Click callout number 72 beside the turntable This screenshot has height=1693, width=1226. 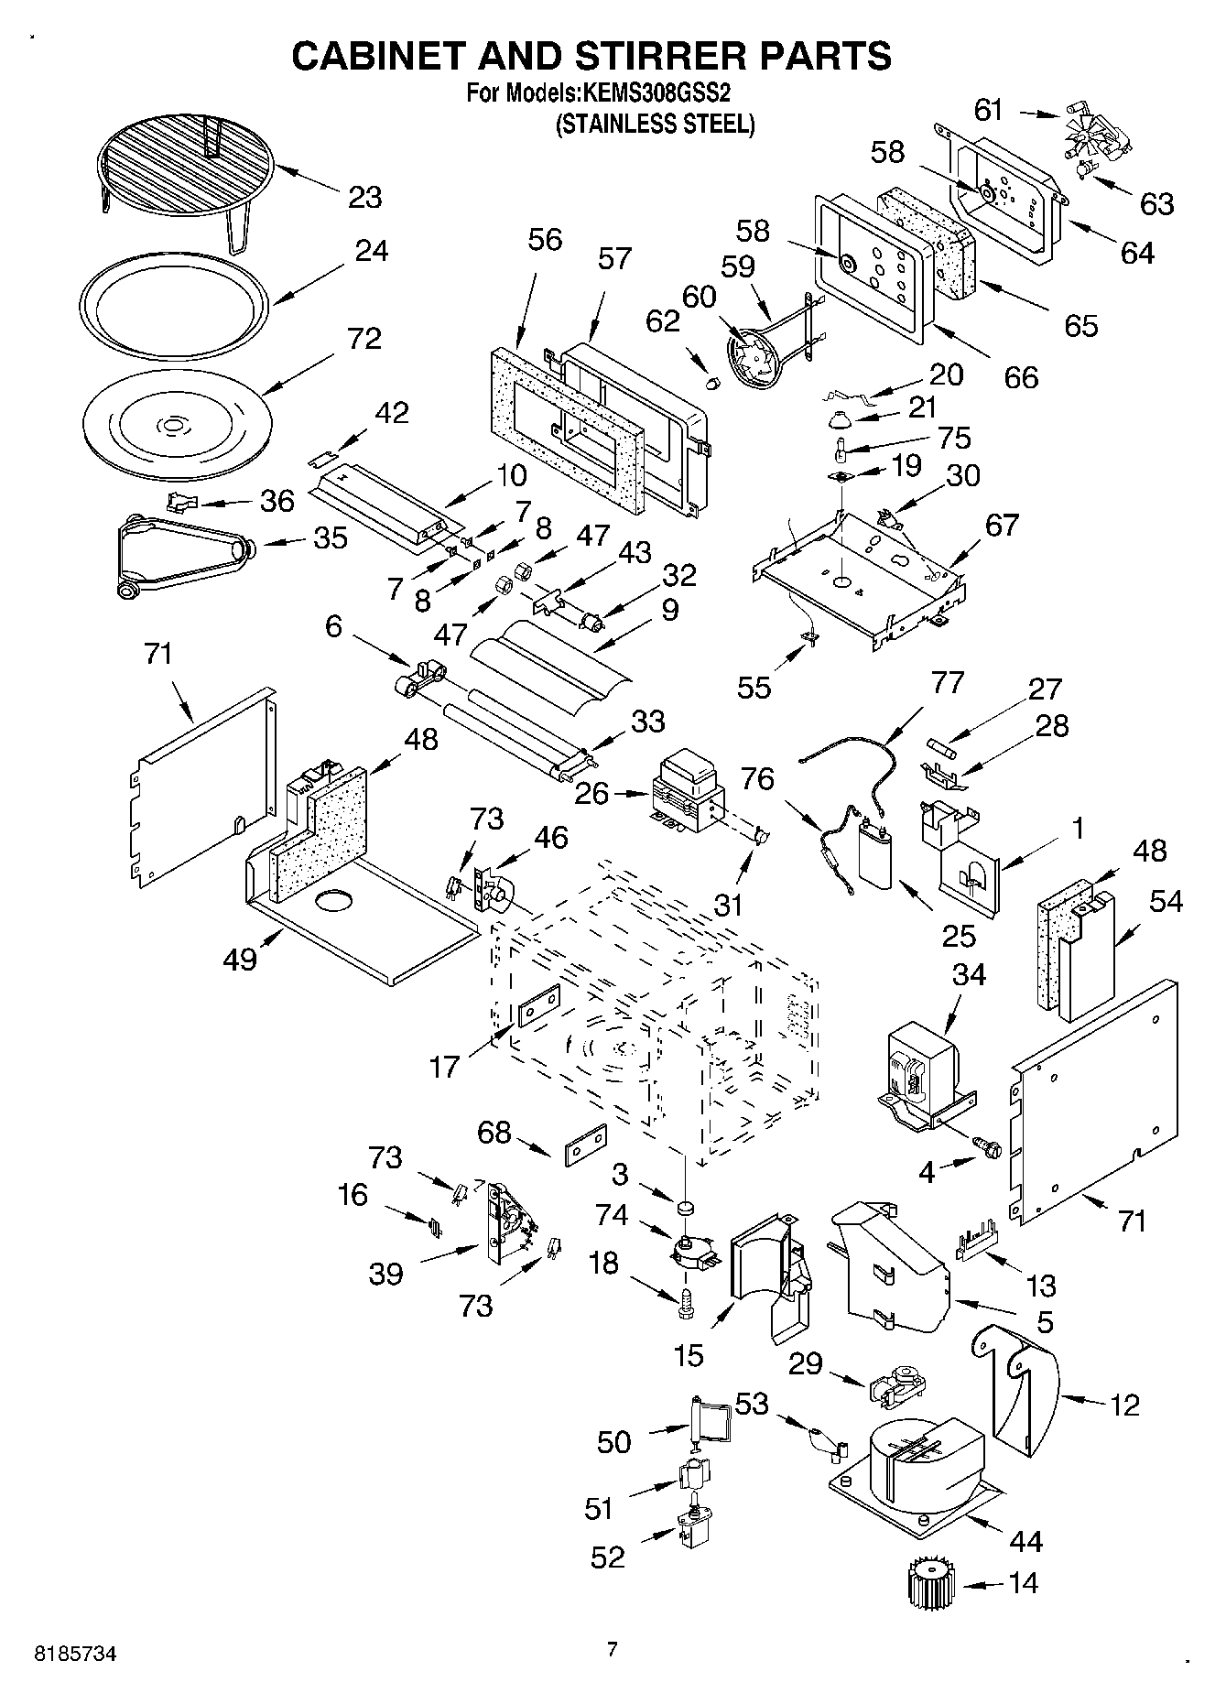coord(363,339)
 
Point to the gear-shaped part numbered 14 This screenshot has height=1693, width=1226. coord(930,1582)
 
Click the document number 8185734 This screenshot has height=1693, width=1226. coord(76,1655)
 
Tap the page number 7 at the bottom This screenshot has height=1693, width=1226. coord(613,1649)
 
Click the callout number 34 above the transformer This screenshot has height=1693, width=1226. coord(968,975)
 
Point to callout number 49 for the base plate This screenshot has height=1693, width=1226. coord(240,960)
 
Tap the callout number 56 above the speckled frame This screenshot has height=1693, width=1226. coord(545,240)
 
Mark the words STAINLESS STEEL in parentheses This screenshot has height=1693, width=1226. coord(656,124)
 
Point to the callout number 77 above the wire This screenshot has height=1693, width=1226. coord(948,682)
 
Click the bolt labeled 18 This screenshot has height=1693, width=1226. coord(684,1303)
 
